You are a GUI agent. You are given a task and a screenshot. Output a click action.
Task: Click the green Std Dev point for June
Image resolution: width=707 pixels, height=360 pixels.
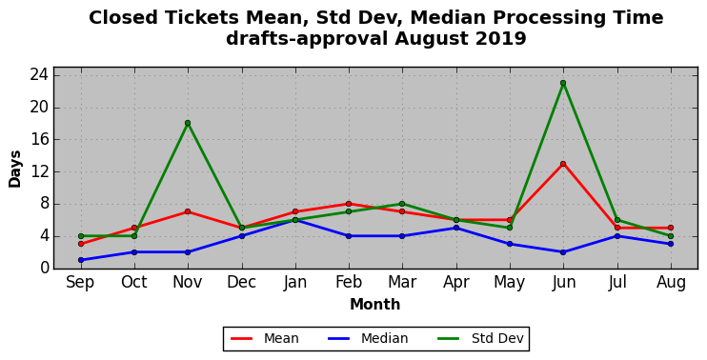[x=563, y=83]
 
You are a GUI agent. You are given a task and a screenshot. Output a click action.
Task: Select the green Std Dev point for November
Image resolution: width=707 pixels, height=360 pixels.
[x=188, y=123]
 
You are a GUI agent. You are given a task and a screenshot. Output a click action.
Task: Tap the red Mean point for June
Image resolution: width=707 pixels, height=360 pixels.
[x=563, y=164]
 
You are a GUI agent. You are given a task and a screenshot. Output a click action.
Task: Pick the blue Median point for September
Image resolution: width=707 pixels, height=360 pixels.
[x=81, y=260]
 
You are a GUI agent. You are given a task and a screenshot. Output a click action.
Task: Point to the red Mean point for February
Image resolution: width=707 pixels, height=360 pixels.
[x=349, y=204]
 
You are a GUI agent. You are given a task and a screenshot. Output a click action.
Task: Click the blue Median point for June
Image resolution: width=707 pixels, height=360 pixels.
[x=563, y=252]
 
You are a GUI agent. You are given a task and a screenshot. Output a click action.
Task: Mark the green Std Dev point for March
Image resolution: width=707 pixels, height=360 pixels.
[x=402, y=204]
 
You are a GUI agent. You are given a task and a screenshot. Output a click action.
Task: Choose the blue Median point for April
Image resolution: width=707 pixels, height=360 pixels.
[x=455, y=228]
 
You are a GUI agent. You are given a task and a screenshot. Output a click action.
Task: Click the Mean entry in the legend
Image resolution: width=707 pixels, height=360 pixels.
[x=265, y=338]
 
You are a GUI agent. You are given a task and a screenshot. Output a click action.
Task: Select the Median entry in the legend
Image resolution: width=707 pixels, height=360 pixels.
[x=368, y=338]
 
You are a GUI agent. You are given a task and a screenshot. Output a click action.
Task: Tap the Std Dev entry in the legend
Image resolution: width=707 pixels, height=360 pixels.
[x=480, y=338]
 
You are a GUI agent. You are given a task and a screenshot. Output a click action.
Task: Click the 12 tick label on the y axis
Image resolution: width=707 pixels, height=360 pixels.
[x=39, y=172]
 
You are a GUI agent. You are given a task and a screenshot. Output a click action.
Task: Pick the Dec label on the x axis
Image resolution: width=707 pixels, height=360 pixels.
[x=241, y=283]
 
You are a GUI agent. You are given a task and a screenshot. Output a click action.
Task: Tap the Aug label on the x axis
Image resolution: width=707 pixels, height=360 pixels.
[x=671, y=284]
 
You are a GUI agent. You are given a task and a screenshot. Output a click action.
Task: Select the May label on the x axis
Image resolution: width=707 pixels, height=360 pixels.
[x=510, y=284]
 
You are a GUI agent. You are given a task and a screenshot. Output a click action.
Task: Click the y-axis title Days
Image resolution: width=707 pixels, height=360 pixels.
[x=15, y=169]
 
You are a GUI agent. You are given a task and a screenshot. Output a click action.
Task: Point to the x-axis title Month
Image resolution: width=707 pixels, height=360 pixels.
[x=375, y=305]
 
